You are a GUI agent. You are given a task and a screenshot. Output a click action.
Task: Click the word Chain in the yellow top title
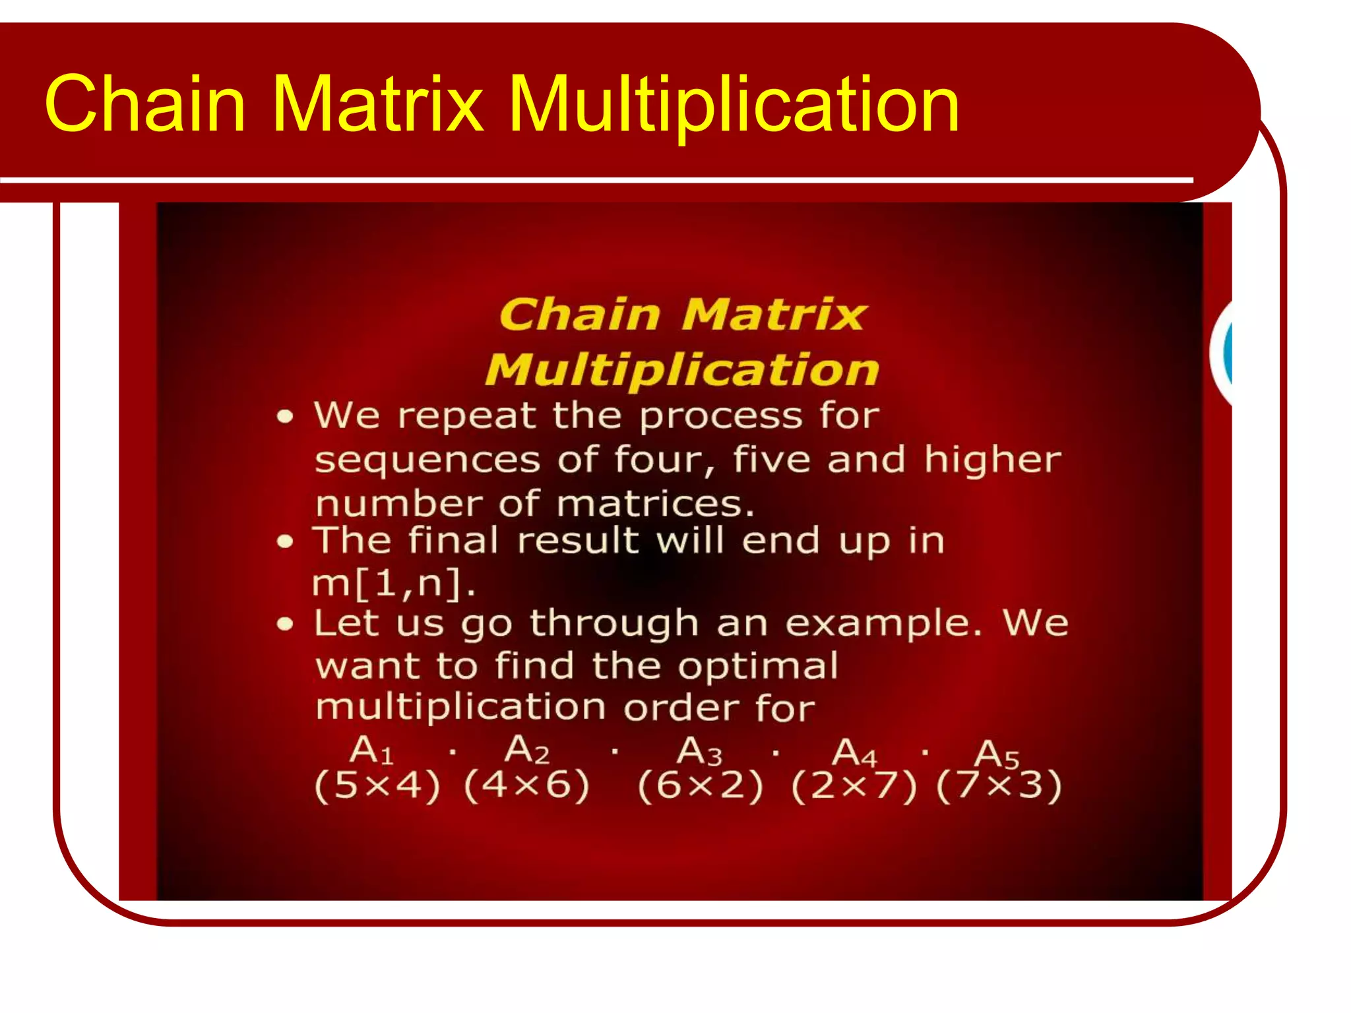(x=144, y=104)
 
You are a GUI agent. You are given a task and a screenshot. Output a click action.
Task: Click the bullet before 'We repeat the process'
(x=284, y=417)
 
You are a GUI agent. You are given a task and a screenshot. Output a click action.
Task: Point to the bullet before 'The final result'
(x=284, y=542)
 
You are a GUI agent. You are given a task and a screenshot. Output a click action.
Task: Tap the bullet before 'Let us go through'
(x=284, y=624)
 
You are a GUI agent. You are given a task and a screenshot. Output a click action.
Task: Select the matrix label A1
(x=371, y=751)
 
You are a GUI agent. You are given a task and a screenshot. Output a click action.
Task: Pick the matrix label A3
(x=699, y=752)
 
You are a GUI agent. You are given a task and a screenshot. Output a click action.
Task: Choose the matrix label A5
(x=997, y=754)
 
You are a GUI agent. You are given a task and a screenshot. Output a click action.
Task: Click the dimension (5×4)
(x=377, y=786)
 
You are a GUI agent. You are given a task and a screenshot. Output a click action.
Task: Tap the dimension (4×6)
(x=526, y=786)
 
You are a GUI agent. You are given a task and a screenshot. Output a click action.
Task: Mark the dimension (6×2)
(x=701, y=786)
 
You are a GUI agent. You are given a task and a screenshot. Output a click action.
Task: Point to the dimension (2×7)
(x=854, y=787)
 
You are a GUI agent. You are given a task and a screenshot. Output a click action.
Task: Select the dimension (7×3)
(x=999, y=786)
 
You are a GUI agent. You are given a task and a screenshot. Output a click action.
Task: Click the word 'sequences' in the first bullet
(x=426, y=460)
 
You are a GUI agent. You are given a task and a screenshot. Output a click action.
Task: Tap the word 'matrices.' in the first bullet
(x=656, y=505)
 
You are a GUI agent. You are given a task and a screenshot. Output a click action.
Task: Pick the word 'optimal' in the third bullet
(x=759, y=666)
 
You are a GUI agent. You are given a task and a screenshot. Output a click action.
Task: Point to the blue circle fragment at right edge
(x=1226, y=353)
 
